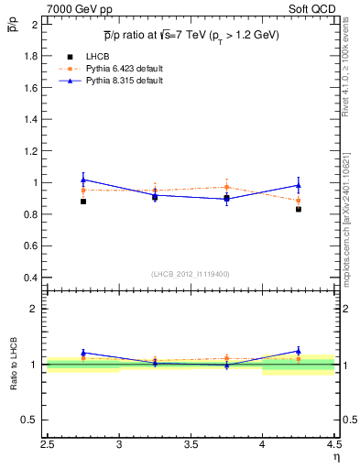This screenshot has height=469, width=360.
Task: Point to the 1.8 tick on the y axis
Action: tap(31, 56)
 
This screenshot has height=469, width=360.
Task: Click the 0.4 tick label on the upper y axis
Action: tap(31, 278)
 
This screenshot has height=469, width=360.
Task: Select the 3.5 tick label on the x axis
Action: tap(191, 446)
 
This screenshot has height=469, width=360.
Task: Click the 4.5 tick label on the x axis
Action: tap(333, 446)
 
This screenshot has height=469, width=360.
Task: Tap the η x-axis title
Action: tap(335, 458)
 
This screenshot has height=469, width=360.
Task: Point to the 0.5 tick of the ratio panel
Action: tap(31, 420)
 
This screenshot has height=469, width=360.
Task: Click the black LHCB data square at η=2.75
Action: tap(83, 202)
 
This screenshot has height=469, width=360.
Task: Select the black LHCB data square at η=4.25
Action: tap(299, 209)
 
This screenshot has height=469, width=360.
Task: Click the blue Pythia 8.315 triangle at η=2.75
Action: tap(83, 179)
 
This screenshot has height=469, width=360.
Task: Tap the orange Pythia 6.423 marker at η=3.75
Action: tap(227, 187)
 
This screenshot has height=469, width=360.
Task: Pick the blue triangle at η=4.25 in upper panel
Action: tap(299, 185)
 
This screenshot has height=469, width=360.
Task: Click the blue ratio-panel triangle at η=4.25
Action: tap(299, 350)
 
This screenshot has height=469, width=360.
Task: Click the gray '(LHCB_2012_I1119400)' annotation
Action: tap(191, 274)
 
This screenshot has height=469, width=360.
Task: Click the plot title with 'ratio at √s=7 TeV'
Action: tap(191, 35)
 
